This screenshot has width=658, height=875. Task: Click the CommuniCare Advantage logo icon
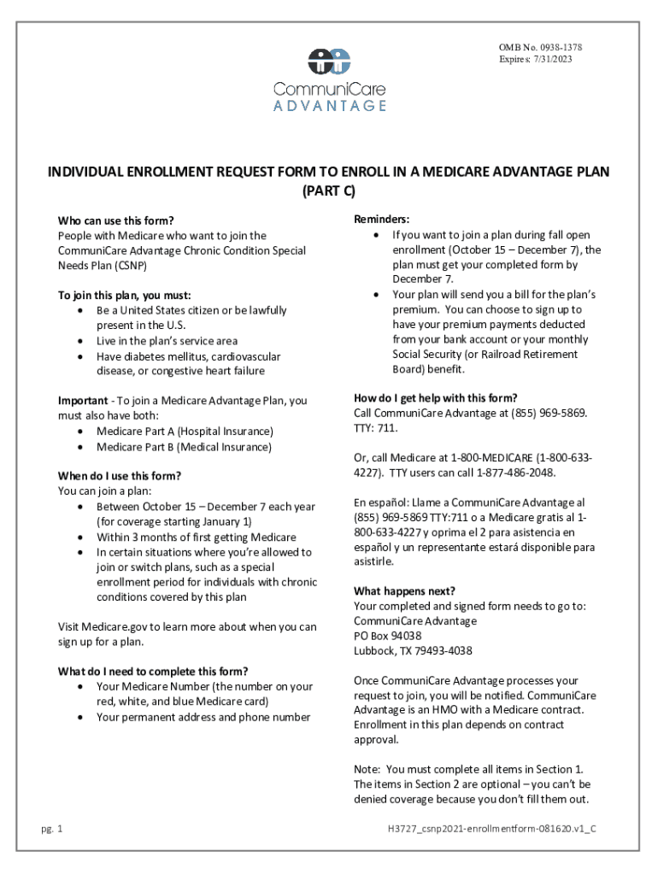(329, 61)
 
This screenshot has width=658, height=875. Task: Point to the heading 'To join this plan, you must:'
(124, 295)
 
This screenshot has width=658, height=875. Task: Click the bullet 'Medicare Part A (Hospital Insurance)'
(185, 432)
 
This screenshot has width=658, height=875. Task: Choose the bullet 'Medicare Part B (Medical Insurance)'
(184, 447)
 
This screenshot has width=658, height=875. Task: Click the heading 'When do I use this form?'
(119, 476)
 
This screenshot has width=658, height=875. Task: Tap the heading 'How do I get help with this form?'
(436, 397)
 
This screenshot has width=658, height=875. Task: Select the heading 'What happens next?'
(404, 590)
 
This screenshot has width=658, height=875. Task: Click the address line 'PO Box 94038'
(387, 636)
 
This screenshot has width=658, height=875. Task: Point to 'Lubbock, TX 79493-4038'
(413, 651)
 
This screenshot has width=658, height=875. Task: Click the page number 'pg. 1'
(52, 829)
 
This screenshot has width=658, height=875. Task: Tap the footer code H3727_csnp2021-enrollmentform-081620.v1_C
(491, 829)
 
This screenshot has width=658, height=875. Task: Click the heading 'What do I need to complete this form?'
(153, 671)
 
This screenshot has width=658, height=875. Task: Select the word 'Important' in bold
(82, 400)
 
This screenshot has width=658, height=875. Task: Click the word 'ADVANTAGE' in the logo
(329, 106)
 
